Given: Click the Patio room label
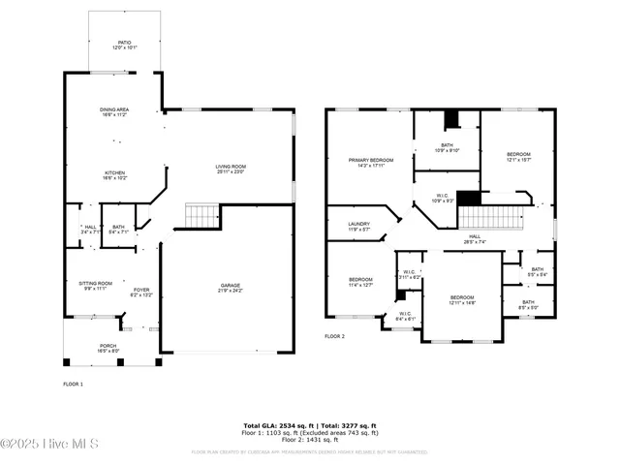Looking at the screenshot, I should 125,45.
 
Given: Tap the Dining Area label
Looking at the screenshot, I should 114,111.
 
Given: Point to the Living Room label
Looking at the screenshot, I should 231,169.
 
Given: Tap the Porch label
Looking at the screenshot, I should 108,349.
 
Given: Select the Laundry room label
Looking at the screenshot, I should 359,227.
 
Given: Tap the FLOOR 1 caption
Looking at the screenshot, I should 73,385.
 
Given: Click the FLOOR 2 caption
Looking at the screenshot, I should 335,336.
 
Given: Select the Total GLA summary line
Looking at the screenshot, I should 310,424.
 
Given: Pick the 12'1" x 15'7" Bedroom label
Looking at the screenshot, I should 518,157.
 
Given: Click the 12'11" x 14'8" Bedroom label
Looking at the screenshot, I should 462,299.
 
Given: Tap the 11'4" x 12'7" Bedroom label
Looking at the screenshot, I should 360,282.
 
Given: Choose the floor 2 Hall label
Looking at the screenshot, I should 475,238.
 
